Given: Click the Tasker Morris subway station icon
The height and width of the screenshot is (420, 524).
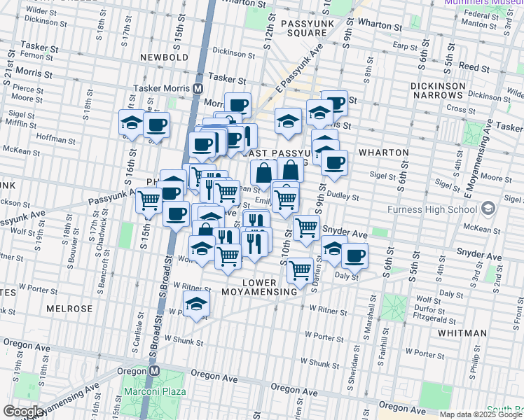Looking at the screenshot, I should coord(198,89).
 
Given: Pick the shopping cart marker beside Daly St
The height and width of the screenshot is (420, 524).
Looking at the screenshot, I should coord(300,269).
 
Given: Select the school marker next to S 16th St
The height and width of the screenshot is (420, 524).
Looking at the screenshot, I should coord(131,123).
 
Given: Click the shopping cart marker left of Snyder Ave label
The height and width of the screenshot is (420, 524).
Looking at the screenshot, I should coord(306,227).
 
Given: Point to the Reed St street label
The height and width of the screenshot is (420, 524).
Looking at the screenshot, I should coord(474,68).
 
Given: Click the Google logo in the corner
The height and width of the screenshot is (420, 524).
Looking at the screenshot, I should coord(23,412).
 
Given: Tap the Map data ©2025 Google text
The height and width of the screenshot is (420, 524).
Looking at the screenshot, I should coord(480,414).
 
